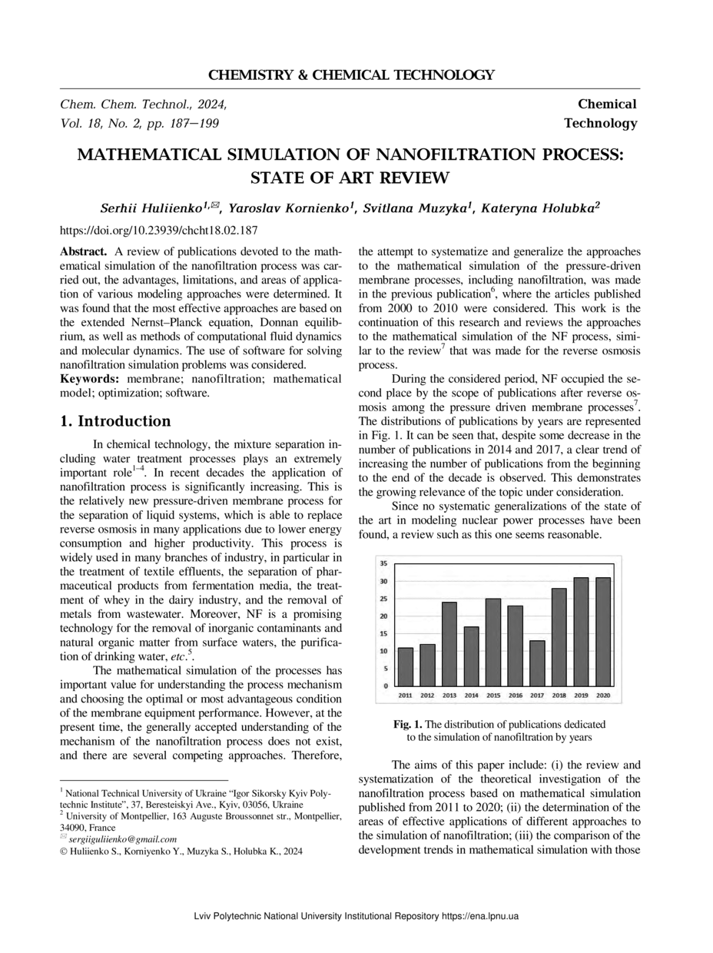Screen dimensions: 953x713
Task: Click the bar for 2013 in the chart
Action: click(449, 644)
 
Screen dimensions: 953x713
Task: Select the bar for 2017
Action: click(538, 663)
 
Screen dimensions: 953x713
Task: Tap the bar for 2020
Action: click(604, 632)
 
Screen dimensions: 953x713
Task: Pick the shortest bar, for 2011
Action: click(406, 667)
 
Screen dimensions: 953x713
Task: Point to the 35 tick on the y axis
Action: click(384, 563)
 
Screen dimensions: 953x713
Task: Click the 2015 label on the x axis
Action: click(493, 696)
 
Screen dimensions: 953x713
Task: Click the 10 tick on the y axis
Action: click(384, 651)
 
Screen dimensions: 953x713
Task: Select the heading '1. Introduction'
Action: click(115, 421)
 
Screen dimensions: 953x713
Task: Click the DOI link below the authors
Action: click(158, 230)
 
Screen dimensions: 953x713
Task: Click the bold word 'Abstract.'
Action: click(84, 251)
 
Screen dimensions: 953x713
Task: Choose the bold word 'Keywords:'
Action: click(90, 379)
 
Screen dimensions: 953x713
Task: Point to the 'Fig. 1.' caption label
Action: click(408, 724)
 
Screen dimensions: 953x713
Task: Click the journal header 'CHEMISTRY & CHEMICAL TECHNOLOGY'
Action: click(351, 75)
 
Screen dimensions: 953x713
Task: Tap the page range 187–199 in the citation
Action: click(199, 123)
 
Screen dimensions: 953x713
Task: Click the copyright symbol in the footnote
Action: click(64, 851)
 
